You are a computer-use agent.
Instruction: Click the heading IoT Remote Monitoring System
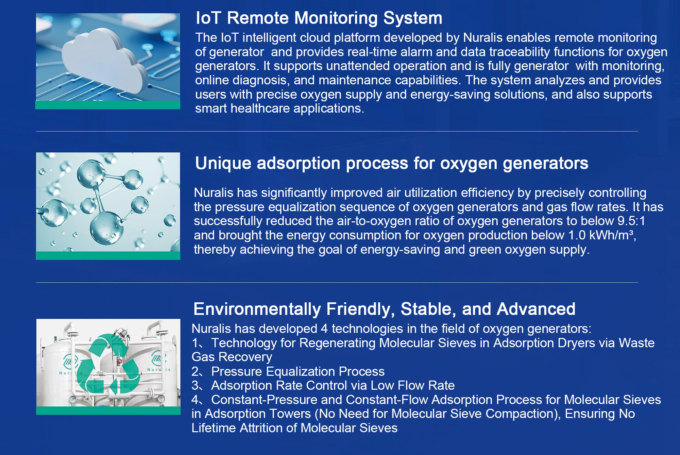pos(319,18)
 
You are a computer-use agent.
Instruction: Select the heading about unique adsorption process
pos(392,164)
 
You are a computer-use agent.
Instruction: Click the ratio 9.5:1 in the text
pos(631,221)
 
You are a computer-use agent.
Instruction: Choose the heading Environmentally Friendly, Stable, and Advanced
pos(384,309)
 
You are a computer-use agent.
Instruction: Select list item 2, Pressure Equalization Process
pos(288,371)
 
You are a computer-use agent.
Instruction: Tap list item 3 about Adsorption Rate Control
pos(323,385)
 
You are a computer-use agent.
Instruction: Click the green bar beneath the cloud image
pos(108,105)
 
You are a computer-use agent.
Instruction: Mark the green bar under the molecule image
pos(108,255)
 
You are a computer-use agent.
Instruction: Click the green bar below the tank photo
pos(108,410)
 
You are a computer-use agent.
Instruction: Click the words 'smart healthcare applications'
pos(279,108)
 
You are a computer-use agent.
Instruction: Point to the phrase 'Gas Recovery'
pos(232,357)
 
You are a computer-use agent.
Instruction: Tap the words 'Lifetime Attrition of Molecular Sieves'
pos(294,428)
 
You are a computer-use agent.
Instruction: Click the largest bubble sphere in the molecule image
pos(106,227)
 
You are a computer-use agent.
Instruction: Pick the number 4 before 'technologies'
pos(324,329)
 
